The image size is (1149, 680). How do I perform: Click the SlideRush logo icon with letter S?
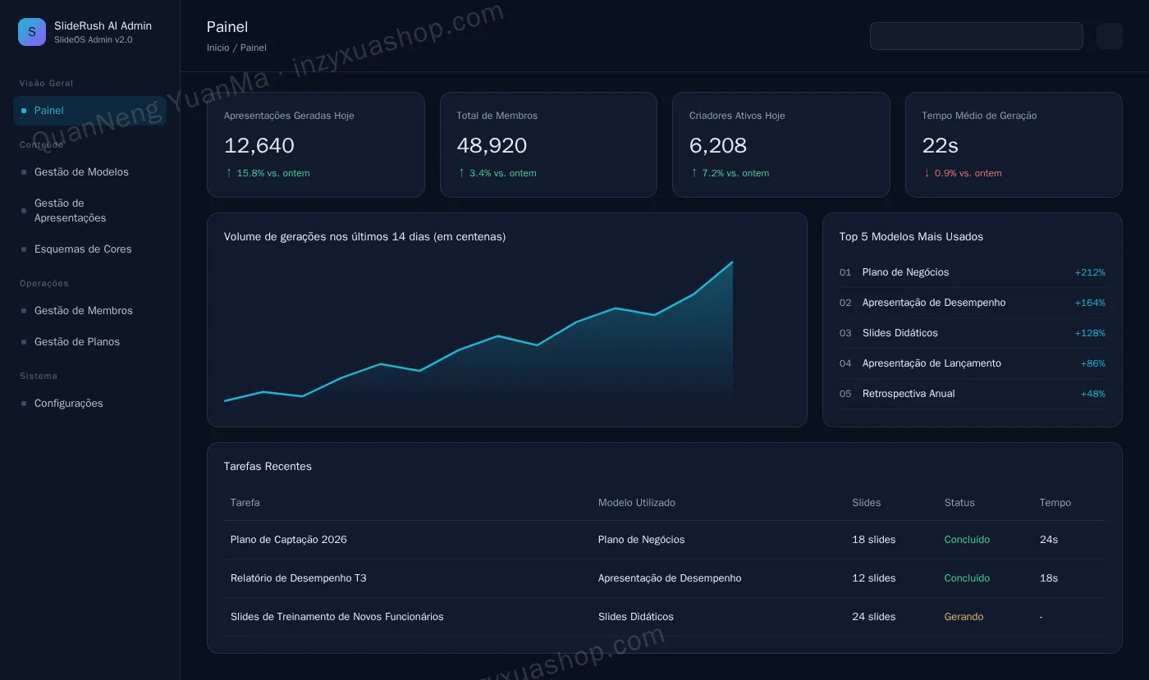(32, 32)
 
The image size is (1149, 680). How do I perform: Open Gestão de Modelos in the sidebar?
(81, 171)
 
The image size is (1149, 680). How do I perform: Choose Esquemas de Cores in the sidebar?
(83, 249)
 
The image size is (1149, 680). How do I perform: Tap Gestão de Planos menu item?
(77, 341)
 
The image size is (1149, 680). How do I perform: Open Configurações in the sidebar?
(68, 403)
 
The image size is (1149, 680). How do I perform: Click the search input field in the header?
(976, 36)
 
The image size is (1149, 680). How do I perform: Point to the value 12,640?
(259, 145)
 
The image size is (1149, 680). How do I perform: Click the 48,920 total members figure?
(492, 145)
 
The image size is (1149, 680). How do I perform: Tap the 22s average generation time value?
(940, 145)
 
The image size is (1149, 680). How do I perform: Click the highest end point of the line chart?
(732, 262)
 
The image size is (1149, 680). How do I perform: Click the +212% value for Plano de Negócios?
(1090, 272)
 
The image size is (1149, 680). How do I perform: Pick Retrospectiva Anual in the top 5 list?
(909, 394)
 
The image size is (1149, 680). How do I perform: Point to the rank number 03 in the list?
(845, 333)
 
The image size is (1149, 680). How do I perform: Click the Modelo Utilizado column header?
(637, 503)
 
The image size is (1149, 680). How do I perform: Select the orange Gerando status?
(964, 616)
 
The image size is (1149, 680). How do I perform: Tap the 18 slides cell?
(873, 540)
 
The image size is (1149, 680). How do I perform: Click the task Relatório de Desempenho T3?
(299, 578)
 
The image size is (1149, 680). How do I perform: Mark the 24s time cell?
(1049, 540)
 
